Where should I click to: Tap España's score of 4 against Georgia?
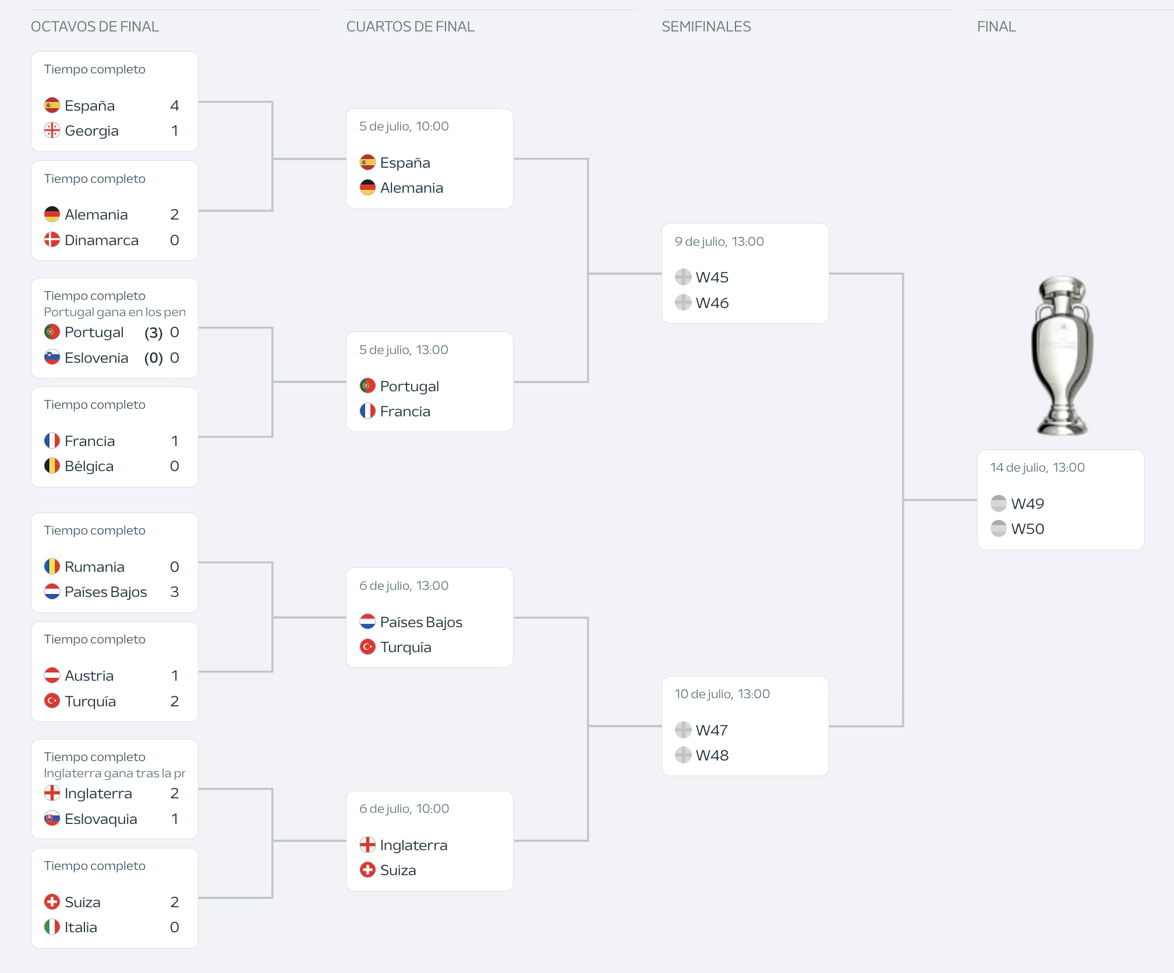pos(174,105)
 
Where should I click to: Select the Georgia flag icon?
pos(52,130)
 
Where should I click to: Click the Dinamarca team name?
pos(101,240)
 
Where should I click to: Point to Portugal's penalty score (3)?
pos(153,332)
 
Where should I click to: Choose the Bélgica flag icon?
pos(52,466)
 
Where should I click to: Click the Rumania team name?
pos(94,567)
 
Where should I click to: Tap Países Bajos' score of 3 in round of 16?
pos(174,592)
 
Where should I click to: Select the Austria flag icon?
pos(52,675)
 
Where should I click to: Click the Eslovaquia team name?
pos(101,819)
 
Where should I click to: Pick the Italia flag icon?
pos(52,927)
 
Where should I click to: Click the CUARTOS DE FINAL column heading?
pos(410,26)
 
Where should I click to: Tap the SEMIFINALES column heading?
pos(706,26)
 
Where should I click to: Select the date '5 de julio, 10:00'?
pos(404,126)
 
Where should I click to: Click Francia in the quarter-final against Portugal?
pos(405,411)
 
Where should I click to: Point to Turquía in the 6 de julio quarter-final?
pos(405,647)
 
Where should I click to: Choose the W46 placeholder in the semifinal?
pos(712,303)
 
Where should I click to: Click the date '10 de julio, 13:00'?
pos(722,694)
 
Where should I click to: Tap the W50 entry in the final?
pos(1027,529)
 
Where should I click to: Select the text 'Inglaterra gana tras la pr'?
pos(114,773)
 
